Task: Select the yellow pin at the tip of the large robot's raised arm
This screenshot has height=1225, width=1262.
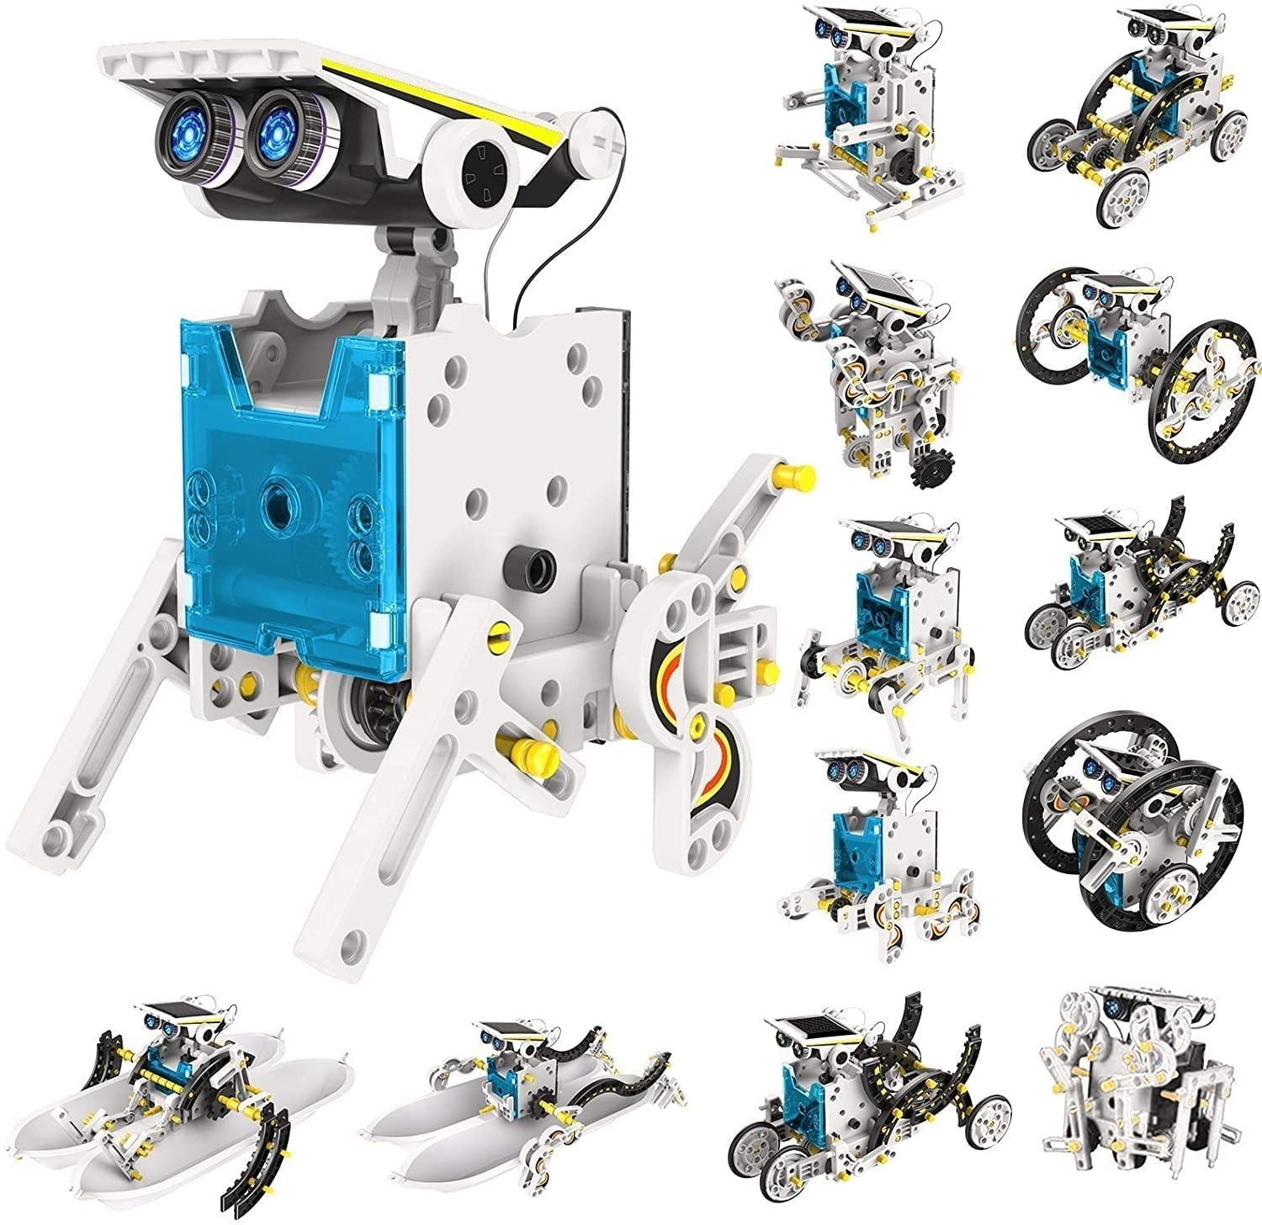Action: tap(800, 477)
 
